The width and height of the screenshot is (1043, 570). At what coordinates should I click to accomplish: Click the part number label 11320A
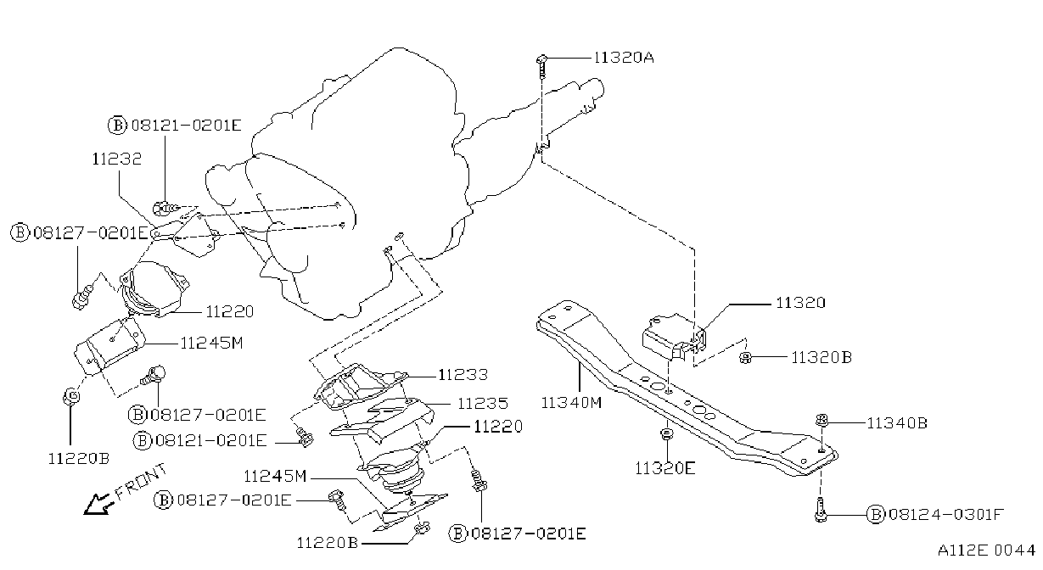click(x=624, y=58)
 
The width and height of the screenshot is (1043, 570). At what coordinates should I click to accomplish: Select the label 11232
click(x=116, y=159)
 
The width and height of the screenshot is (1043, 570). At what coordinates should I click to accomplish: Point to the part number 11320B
click(x=822, y=357)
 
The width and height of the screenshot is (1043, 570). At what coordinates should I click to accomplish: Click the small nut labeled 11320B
click(x=745, y=358)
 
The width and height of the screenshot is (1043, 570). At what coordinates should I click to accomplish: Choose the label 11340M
click(x=571, y=403)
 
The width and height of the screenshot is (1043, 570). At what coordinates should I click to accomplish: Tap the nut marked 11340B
click(x=822, y=421)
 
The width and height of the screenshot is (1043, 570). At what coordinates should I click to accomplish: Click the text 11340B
click(x=897, y=423)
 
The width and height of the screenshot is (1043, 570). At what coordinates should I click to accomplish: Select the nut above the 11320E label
click(x=666, y=434)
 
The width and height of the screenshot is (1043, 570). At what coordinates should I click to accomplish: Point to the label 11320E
click(x=664, y=468)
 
